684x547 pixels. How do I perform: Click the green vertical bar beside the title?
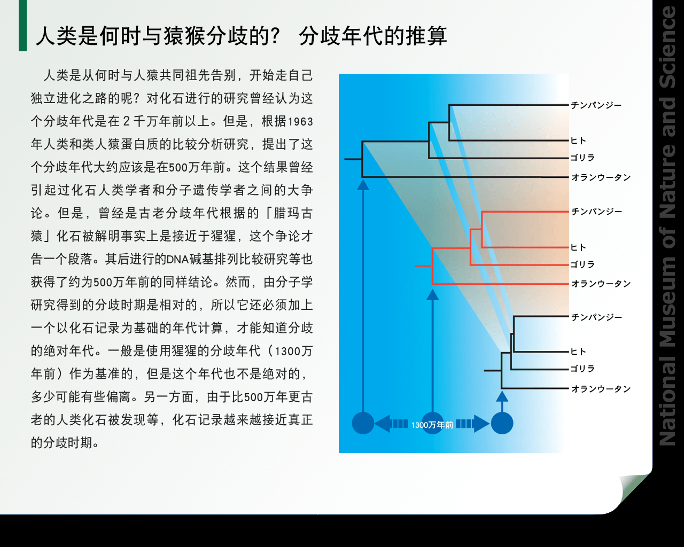pos(22,26)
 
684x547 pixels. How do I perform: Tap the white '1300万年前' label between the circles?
pos(432,425)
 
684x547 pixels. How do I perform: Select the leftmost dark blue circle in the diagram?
pos(363,423)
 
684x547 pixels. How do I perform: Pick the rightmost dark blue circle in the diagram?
pos(502,423)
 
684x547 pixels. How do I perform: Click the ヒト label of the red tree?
pos(578,247)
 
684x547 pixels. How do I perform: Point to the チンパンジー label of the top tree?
pos(596,105)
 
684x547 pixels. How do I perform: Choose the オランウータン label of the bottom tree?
pos(601,389)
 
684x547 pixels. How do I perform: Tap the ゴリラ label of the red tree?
pos(582,264)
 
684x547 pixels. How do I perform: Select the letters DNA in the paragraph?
pos(177,260)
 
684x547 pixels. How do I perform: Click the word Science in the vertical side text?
pos(668,47)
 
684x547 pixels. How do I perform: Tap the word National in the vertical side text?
pos(668,400)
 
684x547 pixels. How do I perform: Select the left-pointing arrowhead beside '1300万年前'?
pos(383,424)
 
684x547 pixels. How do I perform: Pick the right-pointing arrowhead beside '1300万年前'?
pos(482,424)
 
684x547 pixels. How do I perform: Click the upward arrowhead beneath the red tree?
pos(432,295)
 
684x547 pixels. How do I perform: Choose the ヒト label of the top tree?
pos(578,140)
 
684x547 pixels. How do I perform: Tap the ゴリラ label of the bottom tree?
pos(582,369)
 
